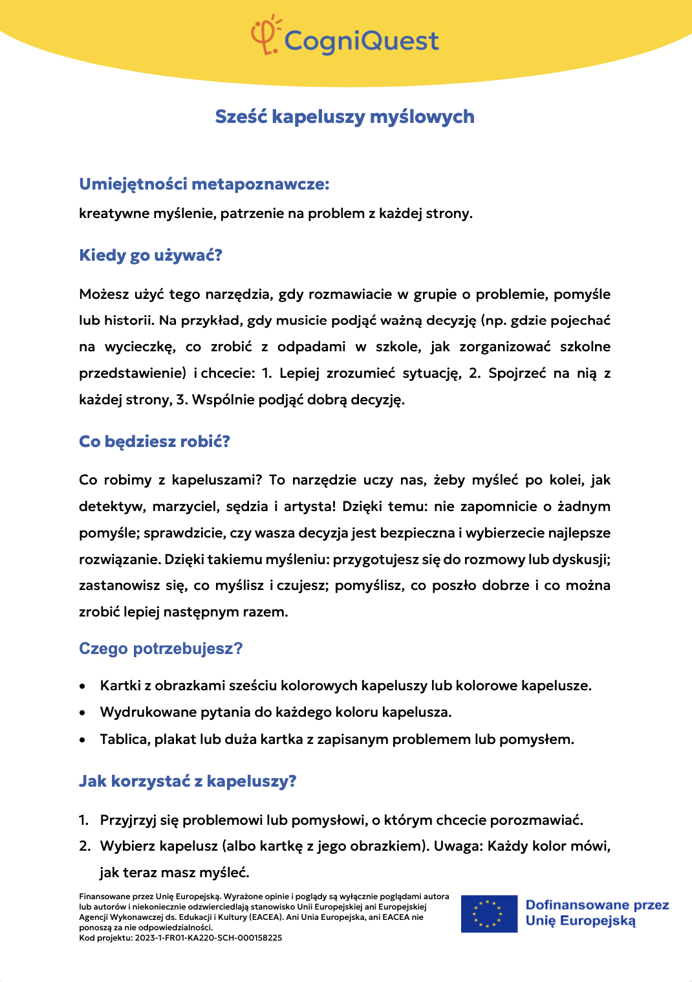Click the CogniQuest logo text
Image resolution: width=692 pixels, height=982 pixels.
coord(362,41)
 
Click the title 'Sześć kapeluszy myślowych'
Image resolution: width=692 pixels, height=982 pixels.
coord(345,117)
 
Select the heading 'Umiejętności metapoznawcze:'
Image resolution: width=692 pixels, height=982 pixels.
coord(204,184)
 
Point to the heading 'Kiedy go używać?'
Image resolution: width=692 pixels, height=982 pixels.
coord(151,256)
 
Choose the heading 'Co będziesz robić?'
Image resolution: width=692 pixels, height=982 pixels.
coord(155,442)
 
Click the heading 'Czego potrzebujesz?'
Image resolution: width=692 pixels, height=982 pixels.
coord(160,649)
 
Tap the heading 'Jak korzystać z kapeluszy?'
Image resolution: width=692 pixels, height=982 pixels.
coord(188,781)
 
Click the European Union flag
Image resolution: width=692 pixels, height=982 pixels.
coord(489,913)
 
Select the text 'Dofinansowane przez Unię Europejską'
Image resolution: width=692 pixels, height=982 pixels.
coord(597,913)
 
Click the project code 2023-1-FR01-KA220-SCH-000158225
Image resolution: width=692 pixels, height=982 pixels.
coord(208,938)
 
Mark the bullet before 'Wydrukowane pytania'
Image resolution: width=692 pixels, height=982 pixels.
coord(82,713)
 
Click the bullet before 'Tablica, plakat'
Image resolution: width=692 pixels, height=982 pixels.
coord(82,739)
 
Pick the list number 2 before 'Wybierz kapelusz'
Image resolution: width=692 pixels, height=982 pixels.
coord(84,846)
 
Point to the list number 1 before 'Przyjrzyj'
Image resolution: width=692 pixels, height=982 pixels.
coord(83,820)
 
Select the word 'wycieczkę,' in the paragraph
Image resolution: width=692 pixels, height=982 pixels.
coord(140,347)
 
